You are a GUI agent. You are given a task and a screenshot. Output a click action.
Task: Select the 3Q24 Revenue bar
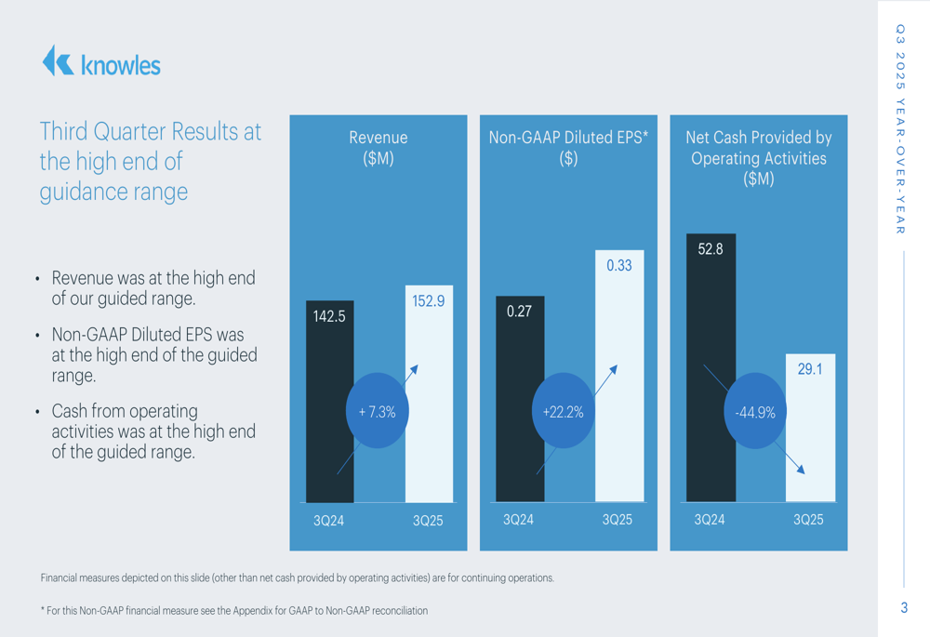click(329, 446)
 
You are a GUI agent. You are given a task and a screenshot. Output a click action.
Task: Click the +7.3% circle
click(378, 411)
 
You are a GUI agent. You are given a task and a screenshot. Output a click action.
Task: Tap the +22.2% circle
click(563, 411)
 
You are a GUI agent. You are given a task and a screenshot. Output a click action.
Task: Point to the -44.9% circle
click(754, 411)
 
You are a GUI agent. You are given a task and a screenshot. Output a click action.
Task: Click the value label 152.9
click(428, 301)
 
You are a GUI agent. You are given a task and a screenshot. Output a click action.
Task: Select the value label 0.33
click(618, 266)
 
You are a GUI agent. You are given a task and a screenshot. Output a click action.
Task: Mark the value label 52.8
click(711, 249)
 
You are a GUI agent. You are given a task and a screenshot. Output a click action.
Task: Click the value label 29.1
click(810, 369)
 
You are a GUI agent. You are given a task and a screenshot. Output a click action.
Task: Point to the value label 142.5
click(329, 316)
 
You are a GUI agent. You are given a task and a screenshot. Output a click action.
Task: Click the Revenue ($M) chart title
click(378, 148)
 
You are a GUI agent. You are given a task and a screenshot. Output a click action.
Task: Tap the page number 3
click(903, 608)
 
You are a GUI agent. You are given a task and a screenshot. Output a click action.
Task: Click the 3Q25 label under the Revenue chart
click(428, 522)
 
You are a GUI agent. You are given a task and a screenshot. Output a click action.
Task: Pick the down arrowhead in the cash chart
click(801, 470)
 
